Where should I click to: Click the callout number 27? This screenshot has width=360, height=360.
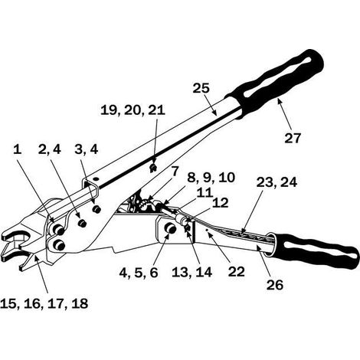tap(293, 138)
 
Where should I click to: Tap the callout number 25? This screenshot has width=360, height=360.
tap(201, 88)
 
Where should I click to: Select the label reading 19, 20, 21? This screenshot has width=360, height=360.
tap(133, 110)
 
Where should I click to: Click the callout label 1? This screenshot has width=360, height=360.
tap(17, 149)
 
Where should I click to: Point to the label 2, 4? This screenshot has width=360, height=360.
tap(50, 149)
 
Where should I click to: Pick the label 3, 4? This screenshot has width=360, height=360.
tap(87, 149)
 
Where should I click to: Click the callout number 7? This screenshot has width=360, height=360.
tap(174, 172)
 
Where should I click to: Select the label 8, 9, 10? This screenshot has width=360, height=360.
tap(211, 178)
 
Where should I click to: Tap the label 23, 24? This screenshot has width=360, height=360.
tap(277, 182)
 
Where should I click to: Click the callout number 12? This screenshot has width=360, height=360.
tap(221, 203)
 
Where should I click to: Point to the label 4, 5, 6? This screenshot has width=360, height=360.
tap(139, 273)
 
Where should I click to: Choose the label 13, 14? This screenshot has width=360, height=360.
tap(191, 273)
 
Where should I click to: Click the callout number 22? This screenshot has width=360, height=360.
tap(237, 272)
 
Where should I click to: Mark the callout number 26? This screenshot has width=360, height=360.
tap(275, 285)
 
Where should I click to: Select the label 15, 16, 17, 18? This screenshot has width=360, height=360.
tap(44, 304)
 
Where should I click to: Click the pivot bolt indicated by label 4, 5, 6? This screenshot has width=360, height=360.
tap(171, 228)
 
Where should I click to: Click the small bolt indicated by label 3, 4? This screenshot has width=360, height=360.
tap(97, 209)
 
